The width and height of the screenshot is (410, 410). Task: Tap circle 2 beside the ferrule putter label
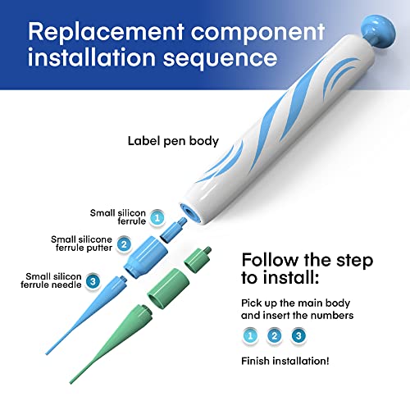tap(124, 244)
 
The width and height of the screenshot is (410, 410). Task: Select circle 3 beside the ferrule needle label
tap(93, 281)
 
